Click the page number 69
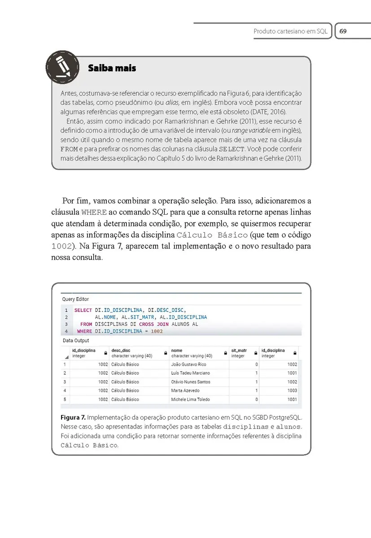coord(344,31)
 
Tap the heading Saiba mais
coord(112,68)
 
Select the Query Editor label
coord(75,299)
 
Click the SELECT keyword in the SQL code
coord(83,310)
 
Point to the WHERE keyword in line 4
coord(84,331)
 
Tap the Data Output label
coord(75,341)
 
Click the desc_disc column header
coord(121,351)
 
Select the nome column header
coord(177,351)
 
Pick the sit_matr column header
coord(239,351)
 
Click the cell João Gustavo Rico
coord(188,364)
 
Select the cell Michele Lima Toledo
coord(190,399)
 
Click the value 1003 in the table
coord(292,390)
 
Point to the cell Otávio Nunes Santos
coord(190,382)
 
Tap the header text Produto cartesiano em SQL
coord(290,31)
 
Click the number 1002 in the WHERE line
coord(156,331)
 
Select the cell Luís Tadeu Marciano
coord(190,373)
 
